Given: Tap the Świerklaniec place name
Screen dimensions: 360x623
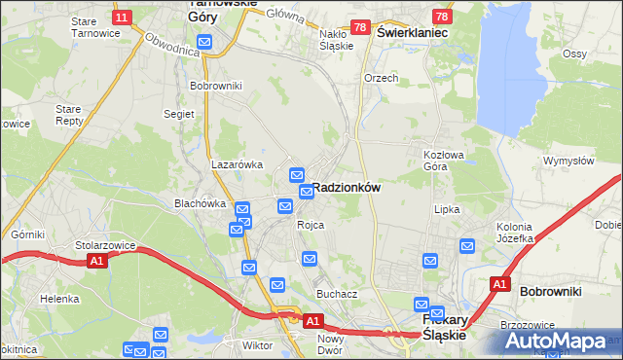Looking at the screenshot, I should click(x=412, y=32).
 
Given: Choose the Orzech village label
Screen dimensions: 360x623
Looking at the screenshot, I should click(x=381, y=78).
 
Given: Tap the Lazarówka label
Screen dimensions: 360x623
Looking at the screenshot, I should click(x=238, y=164).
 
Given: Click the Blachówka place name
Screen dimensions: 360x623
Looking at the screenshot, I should click(x=200, y=203).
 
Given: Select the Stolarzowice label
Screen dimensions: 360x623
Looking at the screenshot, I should click(x=102, y=245).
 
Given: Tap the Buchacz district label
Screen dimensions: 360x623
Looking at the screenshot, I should click(x=337, y=293).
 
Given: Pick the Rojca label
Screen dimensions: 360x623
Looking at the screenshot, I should click(x=311, y=225).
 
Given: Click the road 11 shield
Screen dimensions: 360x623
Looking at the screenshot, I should click(x=122, y=18).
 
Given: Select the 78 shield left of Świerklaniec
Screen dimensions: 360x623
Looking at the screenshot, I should click(x=360, y=28).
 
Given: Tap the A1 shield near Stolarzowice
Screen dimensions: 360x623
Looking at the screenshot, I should click(x=95, y=262).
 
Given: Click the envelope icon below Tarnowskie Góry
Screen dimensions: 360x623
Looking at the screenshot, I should click(x=204, y=41).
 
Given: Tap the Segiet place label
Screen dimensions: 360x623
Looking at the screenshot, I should click(x=179, y=114).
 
